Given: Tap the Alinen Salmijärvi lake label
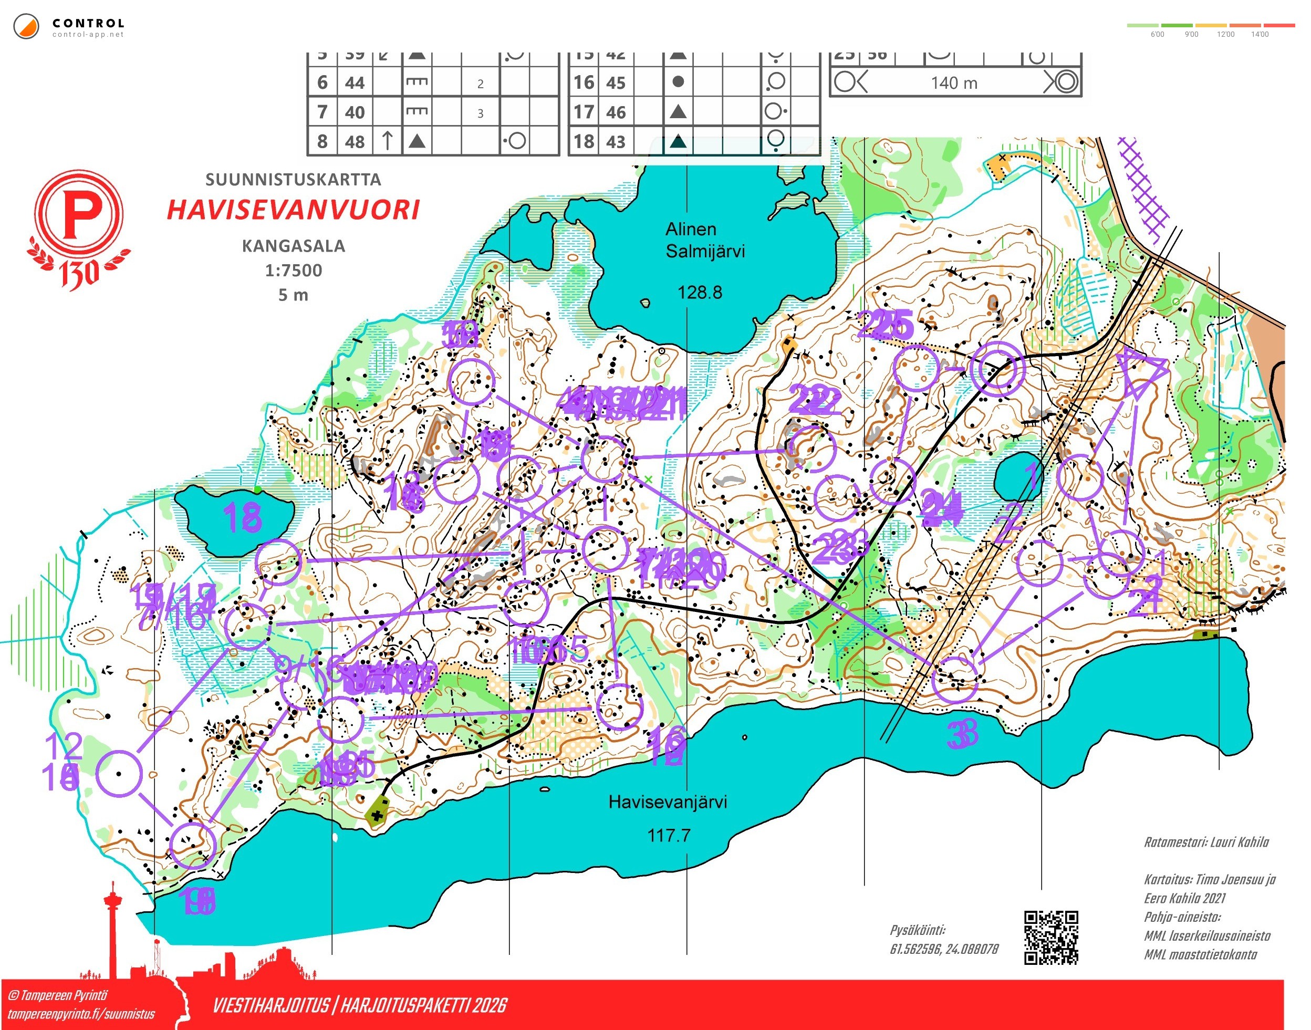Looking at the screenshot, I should [x=704, y=240].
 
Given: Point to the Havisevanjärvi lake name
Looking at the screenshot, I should [x=667, y=802].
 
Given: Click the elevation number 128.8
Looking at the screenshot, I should [x=699, y=293].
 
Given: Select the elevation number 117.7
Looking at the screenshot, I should [x=669, y=835].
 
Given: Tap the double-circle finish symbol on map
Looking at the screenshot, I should [x=997, y=369].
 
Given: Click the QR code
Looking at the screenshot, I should [x=1051, y=938].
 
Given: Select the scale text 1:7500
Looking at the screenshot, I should [x=294, y=270].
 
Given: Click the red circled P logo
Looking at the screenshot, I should [x=78, y=215].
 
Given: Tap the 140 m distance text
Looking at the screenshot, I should [x=953, y=82].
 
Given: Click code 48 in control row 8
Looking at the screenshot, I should [x=355, y=142].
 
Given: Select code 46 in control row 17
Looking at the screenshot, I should [x=616, y=112].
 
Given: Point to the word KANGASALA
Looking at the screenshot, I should [x=294, y=246].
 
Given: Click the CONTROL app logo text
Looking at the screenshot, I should [x=88, y=24].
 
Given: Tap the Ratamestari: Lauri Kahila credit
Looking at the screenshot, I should [x=1206, y=842].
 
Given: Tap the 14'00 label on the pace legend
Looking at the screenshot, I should [x=1259, y=34].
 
